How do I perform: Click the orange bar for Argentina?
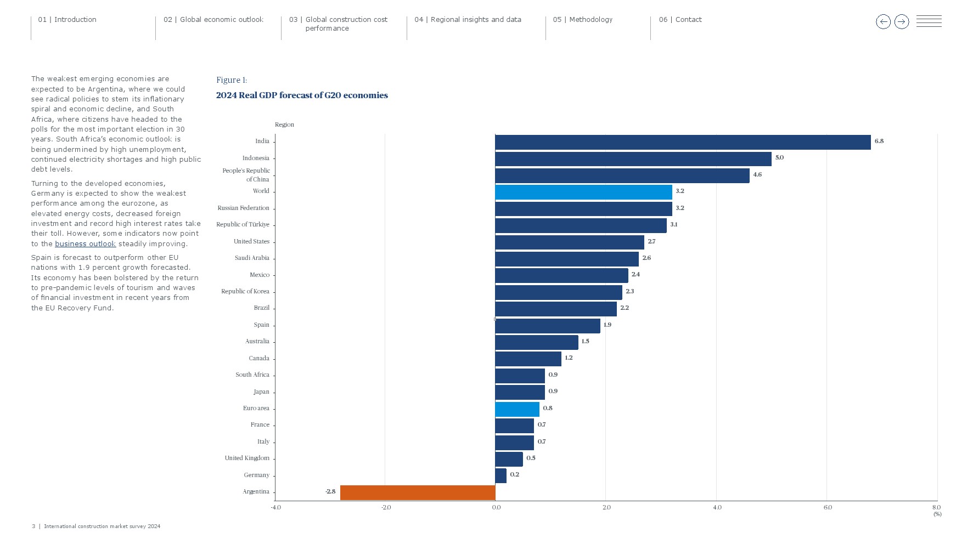(418, 492)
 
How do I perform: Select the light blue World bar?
(583, 192)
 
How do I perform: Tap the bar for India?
(683, 142)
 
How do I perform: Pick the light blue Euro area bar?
(517, 409)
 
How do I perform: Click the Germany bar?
(500, 475)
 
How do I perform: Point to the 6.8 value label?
(879, 141)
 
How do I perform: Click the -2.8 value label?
(330, 492)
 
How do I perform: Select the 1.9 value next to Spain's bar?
(608, 325)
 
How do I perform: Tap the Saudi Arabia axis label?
(252, 258)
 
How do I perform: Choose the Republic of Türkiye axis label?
(243, 225)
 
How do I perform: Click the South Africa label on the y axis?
(252, 375)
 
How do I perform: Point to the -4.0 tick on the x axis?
(275, 508)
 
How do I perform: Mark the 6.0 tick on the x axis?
(828, 508)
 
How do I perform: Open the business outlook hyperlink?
(85, 244)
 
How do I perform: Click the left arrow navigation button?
(883, 22)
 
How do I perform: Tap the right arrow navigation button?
(902, 22)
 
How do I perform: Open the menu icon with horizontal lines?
(929, 21)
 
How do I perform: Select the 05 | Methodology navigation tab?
(583, 20)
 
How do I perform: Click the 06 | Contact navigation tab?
(680, 20)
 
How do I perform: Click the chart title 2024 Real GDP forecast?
(302, 95)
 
